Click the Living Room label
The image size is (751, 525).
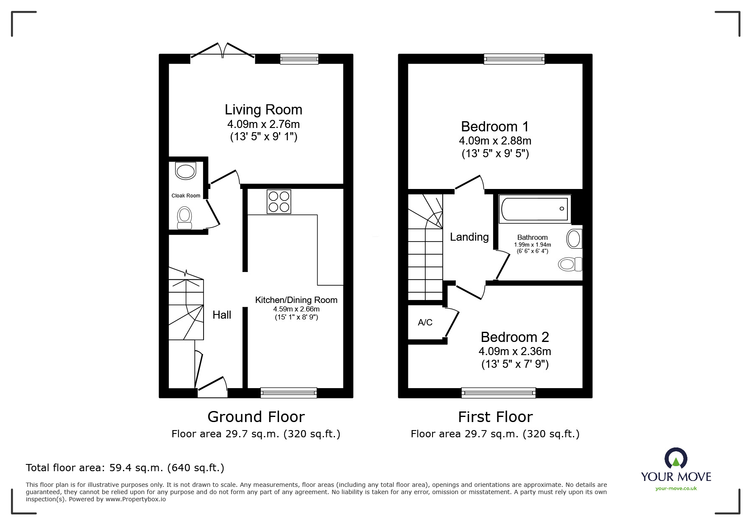click(x=263, y=110)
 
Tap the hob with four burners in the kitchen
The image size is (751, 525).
click(x=279, y=201)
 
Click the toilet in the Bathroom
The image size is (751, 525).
click(x=570, y=264)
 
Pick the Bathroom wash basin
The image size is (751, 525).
click(x=575, y=239)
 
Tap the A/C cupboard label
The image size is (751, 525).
click(x=425, y=322)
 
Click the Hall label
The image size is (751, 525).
click(x=222, y=315)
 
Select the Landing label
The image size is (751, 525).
click(x=469, y=237)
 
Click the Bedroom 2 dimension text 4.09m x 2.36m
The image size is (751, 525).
click(x=515, y=351)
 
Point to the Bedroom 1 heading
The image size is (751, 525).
click(x=495, y=127)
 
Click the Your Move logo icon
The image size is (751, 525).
click(x=676, y=458)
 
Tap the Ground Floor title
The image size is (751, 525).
click(x=256, y=417)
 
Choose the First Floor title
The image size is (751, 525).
click(x=495, y=417)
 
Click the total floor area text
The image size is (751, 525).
click(x=125, y=468)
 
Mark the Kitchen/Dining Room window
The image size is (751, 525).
click(x=289, y=393)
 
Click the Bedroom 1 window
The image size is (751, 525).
click(x=514, y=59)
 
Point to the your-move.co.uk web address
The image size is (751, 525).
click(x=676, y=489)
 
